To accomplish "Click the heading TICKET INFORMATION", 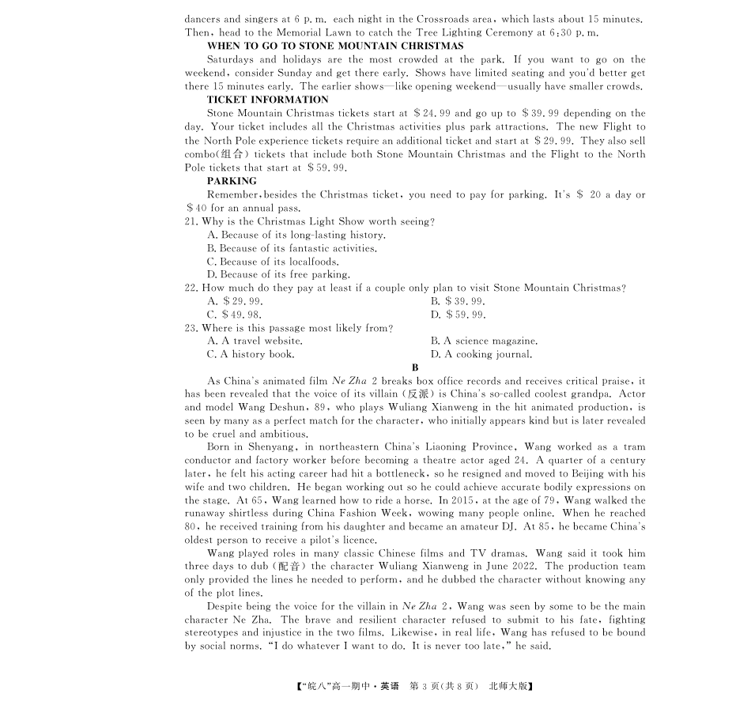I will (x=267, y=100).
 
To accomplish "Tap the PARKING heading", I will (x=232, y=181).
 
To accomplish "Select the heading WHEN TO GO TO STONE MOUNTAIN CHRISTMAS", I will (x=335, y=46).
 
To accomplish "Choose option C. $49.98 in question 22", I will (x=235, y=315).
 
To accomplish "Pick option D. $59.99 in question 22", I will (x=458, y=315).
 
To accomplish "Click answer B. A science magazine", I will (x=484, y=341).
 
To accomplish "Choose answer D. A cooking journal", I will (x=481, y=354).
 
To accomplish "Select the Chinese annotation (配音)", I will (x=291, y=566).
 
